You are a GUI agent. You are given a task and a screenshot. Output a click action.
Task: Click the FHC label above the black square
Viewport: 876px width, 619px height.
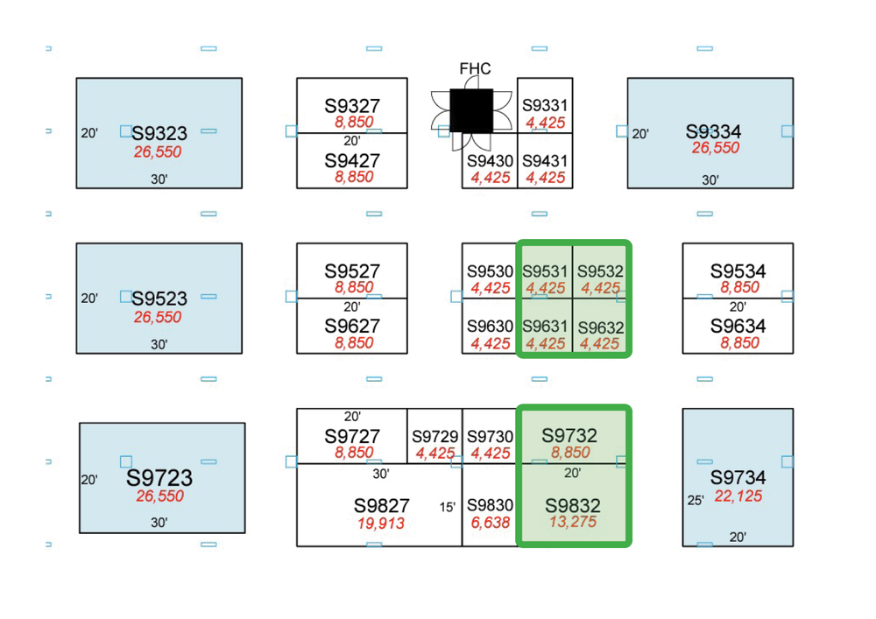pyautogui.click(x=475, y=69)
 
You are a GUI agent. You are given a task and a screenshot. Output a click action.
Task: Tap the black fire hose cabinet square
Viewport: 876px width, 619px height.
pyautogui.click(x=471, y=110)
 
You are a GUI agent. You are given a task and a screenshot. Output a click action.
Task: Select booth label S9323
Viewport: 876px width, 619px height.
pyautogui.click(x=159, y=134)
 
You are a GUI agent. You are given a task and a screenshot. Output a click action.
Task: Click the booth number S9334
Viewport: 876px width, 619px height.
pyautogui.click(x=713, y=131)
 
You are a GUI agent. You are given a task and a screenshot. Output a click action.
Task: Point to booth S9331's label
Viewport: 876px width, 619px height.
pyautogui.click(x=545, y=106)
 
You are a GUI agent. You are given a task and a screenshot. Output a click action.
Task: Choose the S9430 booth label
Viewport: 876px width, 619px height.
pyautogui.click(x=490, y=162)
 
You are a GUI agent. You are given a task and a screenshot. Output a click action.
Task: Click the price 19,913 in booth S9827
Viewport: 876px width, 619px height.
pyautogui.click(x=381, y=523)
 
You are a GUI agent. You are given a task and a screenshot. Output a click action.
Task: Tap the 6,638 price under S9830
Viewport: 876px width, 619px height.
pyautogui.click(x=490, y=523)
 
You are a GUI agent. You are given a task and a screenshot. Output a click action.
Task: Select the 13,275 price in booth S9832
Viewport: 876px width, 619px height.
pyautogui.click(x=572, y=523)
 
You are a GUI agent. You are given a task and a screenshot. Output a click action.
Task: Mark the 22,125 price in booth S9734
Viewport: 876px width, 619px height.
pyautogui.click(x=738, y=496)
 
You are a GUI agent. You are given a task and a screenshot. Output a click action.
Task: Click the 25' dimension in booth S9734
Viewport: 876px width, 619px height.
pyautogui.click(x=696, y=501)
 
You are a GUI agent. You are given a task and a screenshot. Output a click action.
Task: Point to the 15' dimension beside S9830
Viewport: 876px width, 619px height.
pyautogui.click(x=447, y=507)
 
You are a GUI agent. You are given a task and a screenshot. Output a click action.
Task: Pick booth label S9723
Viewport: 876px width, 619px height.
pyautogui.click(x=159, y=478)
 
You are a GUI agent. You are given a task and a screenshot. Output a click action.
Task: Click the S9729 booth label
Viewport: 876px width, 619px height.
pyautogui.click(x=434, y=437)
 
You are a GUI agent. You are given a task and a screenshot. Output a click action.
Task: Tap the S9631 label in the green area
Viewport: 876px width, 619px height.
pyautogui.click(x=545, y=327)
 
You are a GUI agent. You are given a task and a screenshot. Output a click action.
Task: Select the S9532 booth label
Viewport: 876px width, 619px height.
pyautogui.click(x=600, y=272)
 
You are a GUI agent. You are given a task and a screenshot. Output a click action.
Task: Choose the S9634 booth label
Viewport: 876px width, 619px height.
pyautogui.click(x=738, y=327)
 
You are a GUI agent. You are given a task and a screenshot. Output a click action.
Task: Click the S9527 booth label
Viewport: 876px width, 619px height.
pyautogui.click(x=352, y=271)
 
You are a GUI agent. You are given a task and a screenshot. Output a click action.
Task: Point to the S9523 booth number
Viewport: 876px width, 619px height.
pyautogui.click(x=159, y=299)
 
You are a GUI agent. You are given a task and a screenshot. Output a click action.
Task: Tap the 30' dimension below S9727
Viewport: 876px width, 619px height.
pyautogui.click(x=381, y=474)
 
